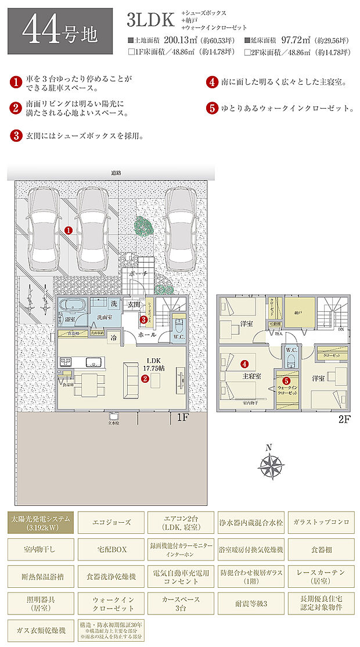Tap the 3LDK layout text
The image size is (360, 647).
tap(150, 20)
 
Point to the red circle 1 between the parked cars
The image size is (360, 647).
tap(69, 230)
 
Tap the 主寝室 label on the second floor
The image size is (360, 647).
tap(251, 376)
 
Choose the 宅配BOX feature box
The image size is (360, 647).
tap(110, 549)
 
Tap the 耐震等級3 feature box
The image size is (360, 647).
tap(251, 603)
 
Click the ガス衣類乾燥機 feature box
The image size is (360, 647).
tap(39, 630)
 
